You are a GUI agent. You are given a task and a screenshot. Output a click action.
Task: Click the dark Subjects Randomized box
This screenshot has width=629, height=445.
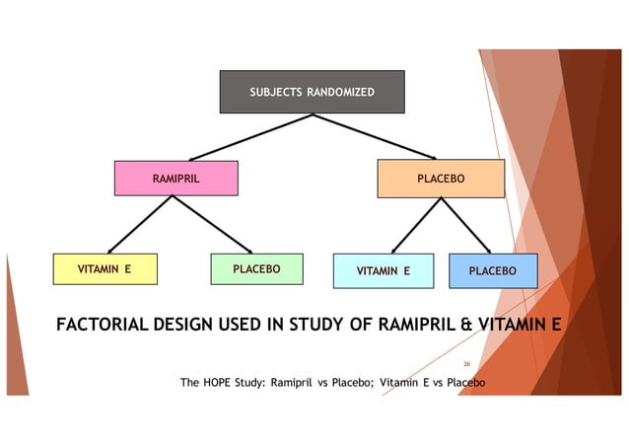point(311,92)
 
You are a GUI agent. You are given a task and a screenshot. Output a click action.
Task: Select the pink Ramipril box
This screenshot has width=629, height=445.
point(175,179)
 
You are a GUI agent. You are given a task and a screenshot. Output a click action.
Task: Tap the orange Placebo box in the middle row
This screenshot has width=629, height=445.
point(441,179)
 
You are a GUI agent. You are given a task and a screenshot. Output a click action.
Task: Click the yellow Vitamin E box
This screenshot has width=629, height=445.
point(105,269)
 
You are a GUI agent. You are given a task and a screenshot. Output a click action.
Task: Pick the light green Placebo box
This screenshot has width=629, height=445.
point(256,269)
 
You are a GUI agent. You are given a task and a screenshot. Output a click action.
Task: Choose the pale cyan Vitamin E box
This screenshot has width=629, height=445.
point(384,270)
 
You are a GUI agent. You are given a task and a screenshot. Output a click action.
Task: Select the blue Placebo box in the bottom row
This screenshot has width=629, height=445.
point(493,270)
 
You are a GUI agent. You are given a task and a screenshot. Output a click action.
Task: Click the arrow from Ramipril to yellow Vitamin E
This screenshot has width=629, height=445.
point(140,225)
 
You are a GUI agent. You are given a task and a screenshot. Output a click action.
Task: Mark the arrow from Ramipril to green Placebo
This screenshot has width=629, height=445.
point(214,225)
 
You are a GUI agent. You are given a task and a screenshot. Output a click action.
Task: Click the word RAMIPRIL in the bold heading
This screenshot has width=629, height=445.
point(400,323)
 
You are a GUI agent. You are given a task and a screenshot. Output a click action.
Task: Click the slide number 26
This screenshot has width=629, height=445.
point(467,362)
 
